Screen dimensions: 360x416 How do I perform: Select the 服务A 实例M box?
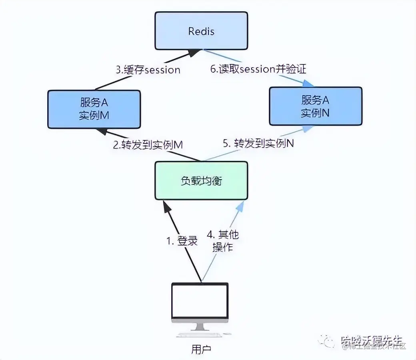point(94,109)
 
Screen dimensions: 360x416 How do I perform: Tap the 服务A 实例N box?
point(315,106)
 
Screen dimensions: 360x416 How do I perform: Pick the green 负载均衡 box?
point(201,180)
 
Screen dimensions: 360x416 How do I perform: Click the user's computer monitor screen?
point(200,300)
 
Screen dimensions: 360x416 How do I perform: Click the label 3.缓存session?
point(148,70)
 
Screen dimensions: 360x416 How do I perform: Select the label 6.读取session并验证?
point(258,69)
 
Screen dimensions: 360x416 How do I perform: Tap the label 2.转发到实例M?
point(148,144)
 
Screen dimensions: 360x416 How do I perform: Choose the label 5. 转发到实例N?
point(258,143)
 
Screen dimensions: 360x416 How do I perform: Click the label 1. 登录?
point(182,241)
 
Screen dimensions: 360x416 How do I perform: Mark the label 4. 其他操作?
point(223,240)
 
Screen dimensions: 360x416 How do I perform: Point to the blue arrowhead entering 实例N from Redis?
point(308,84)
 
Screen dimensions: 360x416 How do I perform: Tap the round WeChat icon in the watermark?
point(330,341)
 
